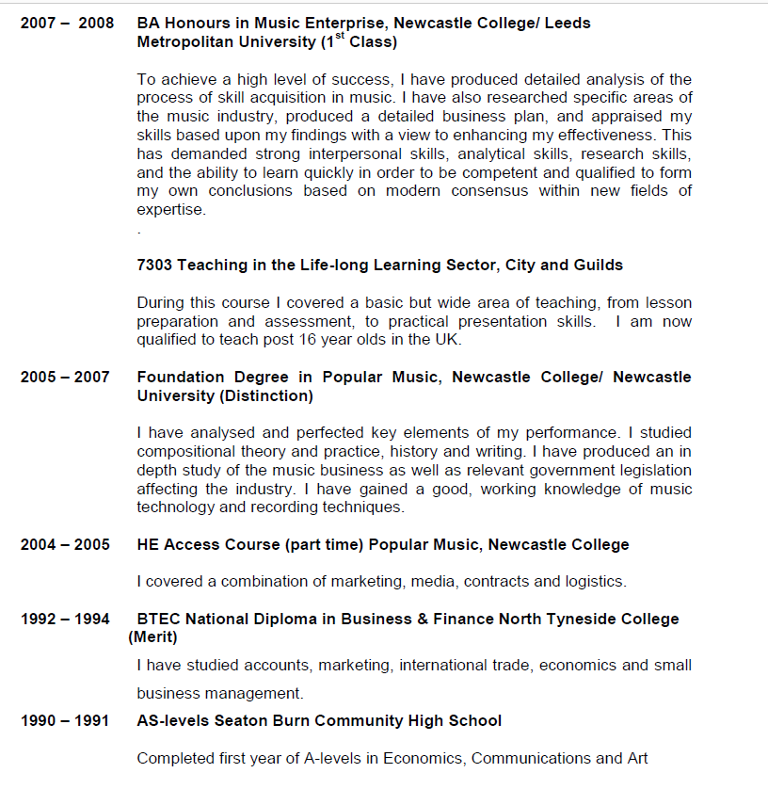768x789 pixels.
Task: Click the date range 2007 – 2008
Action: coord(66,23)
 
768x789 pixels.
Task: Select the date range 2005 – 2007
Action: coord(65,378)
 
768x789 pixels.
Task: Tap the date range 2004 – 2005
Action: coord(65,545)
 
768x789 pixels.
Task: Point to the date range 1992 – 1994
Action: coord(65,620)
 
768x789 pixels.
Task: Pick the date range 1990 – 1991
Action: coord(65,721)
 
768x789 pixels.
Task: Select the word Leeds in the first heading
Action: coord(568,23)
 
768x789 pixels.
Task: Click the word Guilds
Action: coord(597,266)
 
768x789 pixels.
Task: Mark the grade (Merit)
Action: coord(152,637)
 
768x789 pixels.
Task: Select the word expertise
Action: coord(170,210)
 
